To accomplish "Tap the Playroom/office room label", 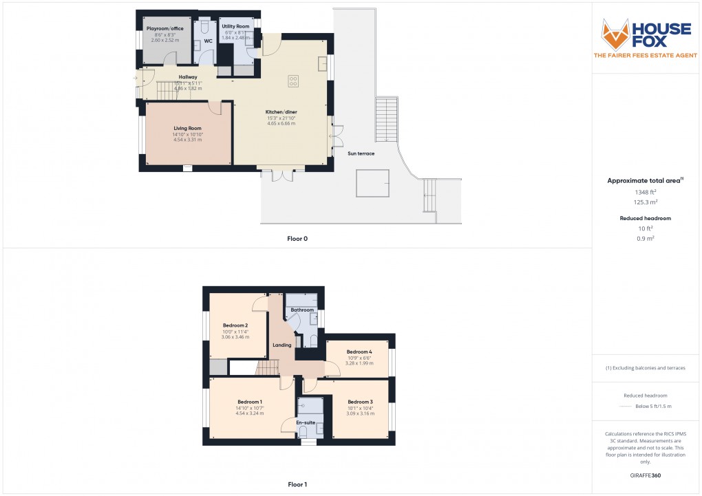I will click(x=164, y=28).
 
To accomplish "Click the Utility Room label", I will click(x=235, y=25).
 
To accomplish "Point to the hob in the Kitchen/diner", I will click(x=293, y=80).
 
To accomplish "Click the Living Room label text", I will click(x=187, y=128).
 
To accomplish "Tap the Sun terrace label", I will click(x=361, y=153).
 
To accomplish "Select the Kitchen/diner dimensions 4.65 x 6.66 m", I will click(x=281, y=123).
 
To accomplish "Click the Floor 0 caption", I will click(x=297, y=238).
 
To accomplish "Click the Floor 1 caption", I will click(x=297, y=484).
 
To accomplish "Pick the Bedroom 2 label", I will click(x=235, y=325).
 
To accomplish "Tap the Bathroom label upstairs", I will click(x=302, y=310).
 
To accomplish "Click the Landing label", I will click(x=282, y=345).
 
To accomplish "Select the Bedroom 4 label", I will click(x=359, y=352).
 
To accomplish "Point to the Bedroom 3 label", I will click(x=360, y=402).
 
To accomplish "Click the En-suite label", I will click(x=306, y=422).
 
